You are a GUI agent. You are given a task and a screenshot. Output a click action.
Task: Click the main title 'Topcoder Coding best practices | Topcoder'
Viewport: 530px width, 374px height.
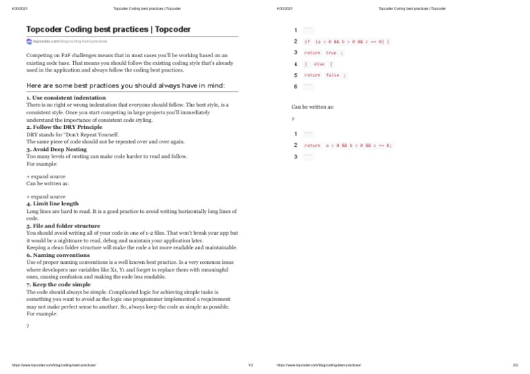click(x=108, y=30)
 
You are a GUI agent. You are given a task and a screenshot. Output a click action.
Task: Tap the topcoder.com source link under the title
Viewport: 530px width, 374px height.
click(x=70, y=41)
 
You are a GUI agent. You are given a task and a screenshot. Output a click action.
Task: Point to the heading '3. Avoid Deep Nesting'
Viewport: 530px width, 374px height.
click(x=57, y=149)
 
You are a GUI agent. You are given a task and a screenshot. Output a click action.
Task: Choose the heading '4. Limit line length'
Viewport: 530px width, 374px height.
click(x=52, y=204)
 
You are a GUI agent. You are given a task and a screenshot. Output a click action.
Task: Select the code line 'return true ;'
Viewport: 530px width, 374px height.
click(x=324, y=52)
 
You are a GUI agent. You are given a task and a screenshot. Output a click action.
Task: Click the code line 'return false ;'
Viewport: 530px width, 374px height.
click(x=325, y=75)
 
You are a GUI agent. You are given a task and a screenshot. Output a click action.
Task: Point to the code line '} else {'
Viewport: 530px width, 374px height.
click(x=319, y=64)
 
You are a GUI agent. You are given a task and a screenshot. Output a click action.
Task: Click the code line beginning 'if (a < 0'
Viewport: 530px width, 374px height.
click(x=347, y=41)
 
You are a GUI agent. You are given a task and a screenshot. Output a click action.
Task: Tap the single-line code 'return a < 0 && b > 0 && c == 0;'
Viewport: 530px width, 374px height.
click(x=348, y=145)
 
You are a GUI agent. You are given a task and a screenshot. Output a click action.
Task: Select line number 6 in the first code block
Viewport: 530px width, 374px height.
click(x=295, y=86)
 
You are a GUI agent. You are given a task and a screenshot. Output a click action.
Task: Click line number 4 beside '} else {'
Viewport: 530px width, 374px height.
click(x=295, y=64)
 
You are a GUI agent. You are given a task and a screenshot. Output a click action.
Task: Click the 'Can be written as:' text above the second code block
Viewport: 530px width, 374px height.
click(x=313, y=107)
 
